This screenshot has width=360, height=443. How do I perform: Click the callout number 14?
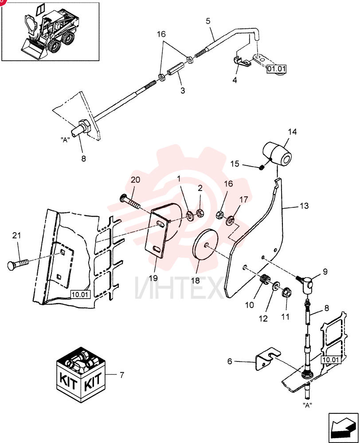(292, 132)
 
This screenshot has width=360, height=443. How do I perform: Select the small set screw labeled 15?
(262, 167)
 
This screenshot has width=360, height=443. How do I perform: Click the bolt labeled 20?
(130, 202)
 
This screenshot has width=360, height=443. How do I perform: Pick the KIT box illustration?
(81, 375)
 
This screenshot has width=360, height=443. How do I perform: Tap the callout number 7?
(122, 375)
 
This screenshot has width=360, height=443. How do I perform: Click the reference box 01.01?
(277, 69)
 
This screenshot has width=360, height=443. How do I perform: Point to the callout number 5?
(208, 21)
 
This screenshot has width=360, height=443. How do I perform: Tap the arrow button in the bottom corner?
(343, 428)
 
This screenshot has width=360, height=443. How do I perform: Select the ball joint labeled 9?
(306, 284)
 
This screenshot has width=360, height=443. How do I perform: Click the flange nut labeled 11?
(286, 292)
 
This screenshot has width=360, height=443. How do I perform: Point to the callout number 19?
(153, 278)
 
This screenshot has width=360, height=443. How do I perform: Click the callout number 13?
(304, 206)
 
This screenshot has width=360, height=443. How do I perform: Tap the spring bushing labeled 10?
(264, 280)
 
